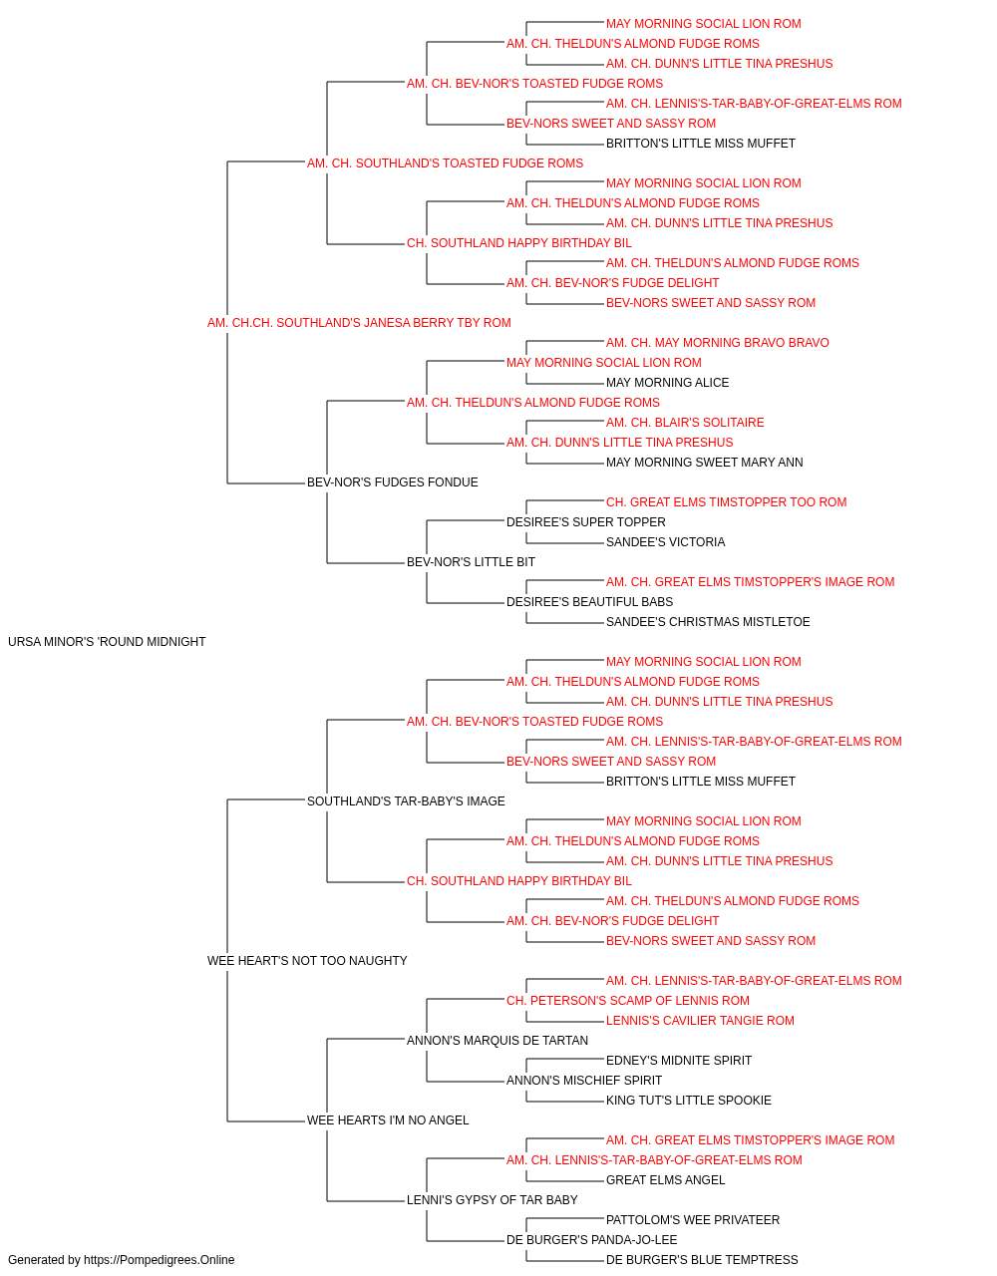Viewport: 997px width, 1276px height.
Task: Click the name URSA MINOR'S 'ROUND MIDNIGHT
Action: click(107, 642)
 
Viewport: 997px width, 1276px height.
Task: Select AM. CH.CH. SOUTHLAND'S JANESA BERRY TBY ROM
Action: click(359, 323)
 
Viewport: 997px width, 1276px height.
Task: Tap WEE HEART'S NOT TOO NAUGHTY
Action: click(307, 961)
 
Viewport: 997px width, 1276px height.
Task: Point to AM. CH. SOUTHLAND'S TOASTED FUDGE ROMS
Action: click(445, 163)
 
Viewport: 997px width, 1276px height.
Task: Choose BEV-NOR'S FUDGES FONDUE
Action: click(392, 482)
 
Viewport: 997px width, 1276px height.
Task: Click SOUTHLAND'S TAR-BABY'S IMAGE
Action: click(406, 800)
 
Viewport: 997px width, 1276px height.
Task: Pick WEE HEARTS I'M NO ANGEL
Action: click(388, 1119)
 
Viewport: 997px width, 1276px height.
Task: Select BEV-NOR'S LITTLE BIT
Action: click(471, 562)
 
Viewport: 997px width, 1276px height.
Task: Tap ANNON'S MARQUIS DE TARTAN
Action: click(498, 1041)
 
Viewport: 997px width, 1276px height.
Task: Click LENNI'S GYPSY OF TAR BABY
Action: click(493, 1199)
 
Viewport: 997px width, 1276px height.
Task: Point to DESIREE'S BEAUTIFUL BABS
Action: click(589, 602)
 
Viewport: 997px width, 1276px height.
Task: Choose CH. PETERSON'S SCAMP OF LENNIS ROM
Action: click(628, 1001)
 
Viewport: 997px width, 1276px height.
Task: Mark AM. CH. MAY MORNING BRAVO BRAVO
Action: click(718, 343)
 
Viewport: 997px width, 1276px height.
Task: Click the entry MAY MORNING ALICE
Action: click(668, 383)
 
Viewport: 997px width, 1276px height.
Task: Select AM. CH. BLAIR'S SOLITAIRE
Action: click(685, 423)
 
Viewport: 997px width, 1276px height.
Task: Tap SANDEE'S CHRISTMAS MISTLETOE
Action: click(708, 622)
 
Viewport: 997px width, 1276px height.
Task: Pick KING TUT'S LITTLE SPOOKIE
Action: click(689, 1101)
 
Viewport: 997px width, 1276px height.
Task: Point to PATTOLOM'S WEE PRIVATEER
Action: click(693, 1219)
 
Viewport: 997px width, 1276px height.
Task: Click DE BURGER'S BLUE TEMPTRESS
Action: click(702, 1260)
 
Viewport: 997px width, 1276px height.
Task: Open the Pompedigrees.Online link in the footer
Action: click(159, 1260)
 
